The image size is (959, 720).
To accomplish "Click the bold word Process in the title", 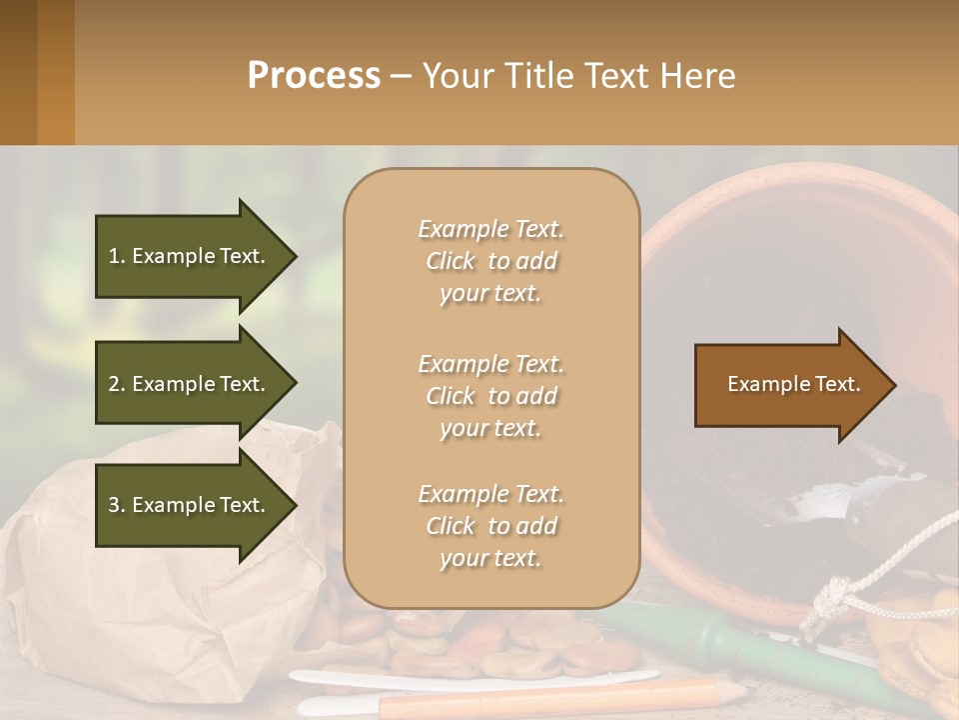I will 314,76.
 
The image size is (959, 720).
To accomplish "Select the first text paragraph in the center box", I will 490,261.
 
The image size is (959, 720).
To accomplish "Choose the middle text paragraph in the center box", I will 490,396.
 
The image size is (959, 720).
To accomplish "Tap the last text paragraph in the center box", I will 490,526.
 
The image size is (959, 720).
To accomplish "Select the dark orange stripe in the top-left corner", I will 55,72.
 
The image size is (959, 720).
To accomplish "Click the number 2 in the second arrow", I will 114,384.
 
